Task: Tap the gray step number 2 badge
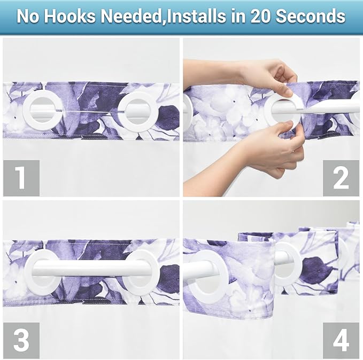pyautogui.click(x=341, y=178)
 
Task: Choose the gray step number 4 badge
pyautogui.click(x=341, y=340)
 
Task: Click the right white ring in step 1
pyautogui.click(x=136, y=111)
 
